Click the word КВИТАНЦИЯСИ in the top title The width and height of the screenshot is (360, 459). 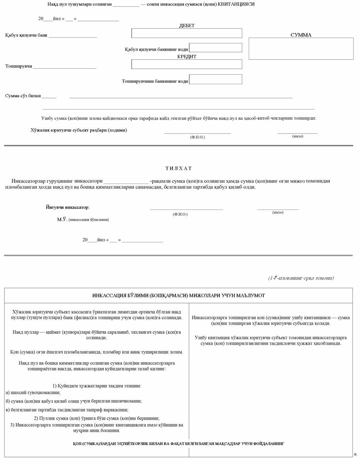coord(236,4)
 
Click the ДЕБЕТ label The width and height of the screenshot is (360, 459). coord(187,25)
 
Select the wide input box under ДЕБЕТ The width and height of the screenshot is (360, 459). coord(186,33)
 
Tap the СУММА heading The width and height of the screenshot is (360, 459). coord(301,35)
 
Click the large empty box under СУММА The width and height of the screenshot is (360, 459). coord(301,48)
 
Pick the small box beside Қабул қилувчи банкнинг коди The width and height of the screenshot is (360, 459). coord(215,48)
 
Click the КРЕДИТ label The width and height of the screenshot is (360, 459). coord(187,56)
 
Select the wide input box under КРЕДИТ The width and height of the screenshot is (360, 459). coord(186,64)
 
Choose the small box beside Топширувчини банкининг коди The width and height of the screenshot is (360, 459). coord(215,79)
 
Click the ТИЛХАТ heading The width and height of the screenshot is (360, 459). coord(178,168)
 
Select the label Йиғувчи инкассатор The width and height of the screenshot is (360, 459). coord(68,207)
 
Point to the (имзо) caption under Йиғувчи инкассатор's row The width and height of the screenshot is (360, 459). coord(278,212)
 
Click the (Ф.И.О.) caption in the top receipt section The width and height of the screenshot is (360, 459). coord(197,137)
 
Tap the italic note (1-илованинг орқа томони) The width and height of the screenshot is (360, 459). coord(301,278)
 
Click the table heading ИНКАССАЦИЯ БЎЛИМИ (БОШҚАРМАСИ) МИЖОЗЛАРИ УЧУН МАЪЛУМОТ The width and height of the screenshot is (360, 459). coord(178,295)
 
